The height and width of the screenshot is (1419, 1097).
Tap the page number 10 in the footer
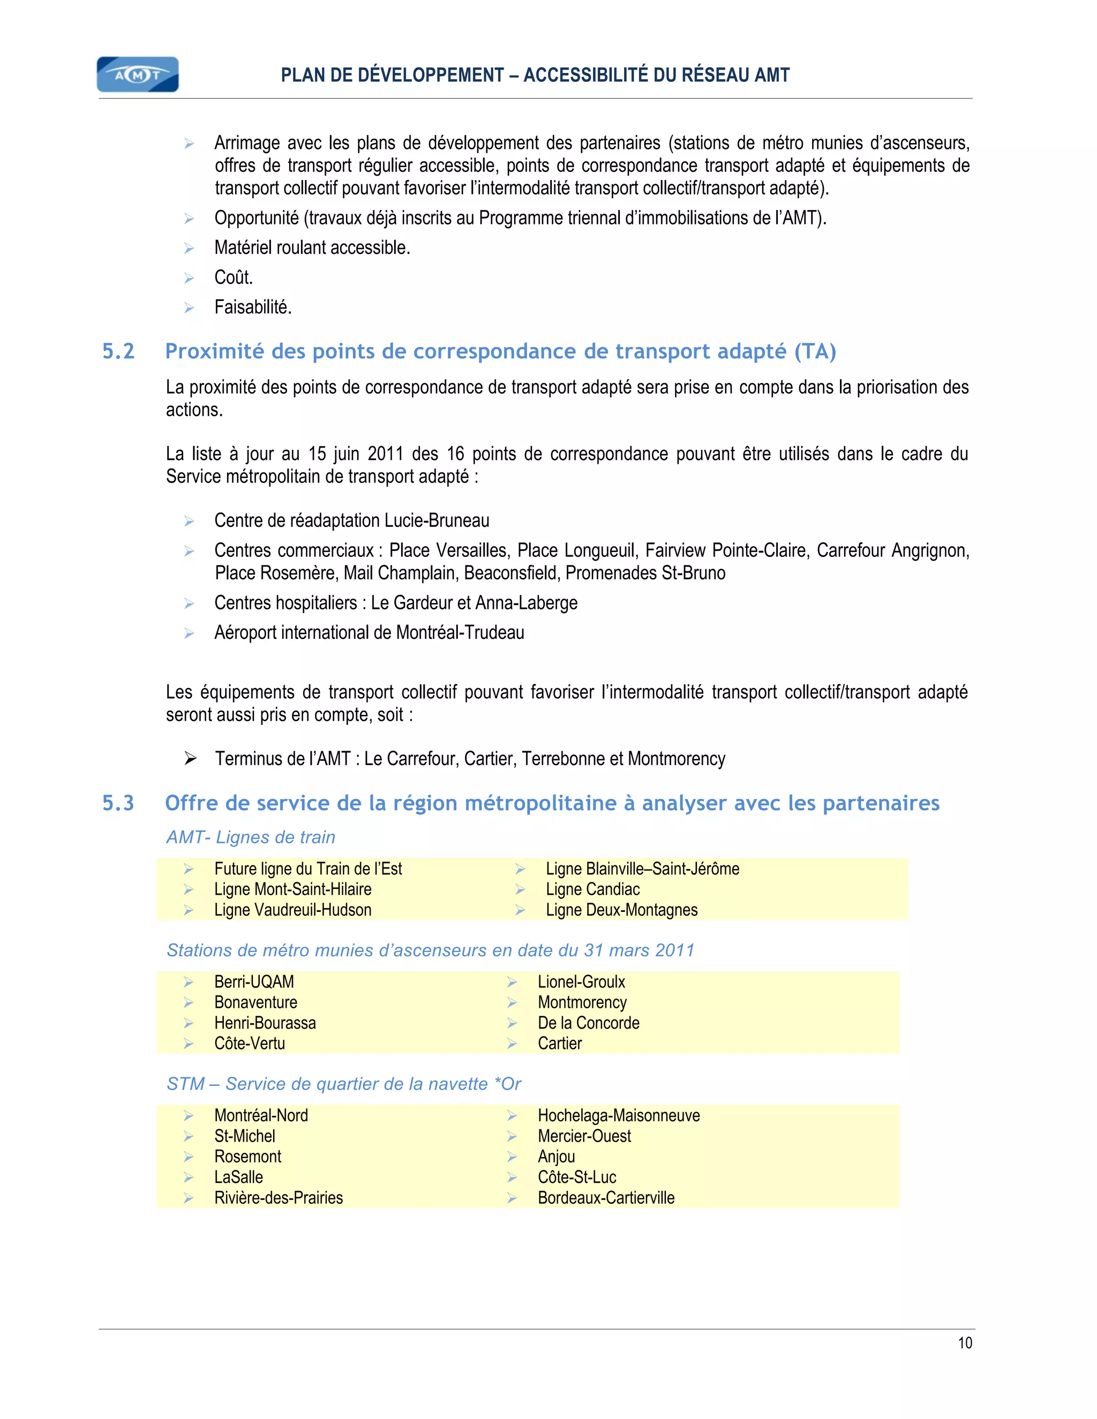pyautogui.click(x=964, y=1343)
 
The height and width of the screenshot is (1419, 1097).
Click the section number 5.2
pyautogui.click(x=118, y=351)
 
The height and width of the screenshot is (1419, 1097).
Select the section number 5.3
pyautogui.click(x=118, y=804)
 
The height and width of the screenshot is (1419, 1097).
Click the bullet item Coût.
pyautogui.click(x=234, y=277)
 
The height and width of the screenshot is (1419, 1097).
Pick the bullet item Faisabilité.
pyautogui.click(x=253, y=307)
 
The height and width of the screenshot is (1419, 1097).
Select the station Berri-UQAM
pyautogui.click(x=253, y=982)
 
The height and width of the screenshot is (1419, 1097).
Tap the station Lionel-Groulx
pyautogui.click(x=581, y=982)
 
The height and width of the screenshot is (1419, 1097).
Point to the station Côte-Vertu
pyautogui.click(x=250, y=1044)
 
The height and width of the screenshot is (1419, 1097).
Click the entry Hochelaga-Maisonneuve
pyautogui.click(x=618, y=1115)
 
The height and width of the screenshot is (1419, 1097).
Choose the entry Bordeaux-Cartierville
pyautogui.click(x=606, y=1197)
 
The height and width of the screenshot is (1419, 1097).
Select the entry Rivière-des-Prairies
pyautogui.click(x=278, y=1197)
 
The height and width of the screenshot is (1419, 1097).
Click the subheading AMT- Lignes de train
pyautogui.click(x=251, y=837)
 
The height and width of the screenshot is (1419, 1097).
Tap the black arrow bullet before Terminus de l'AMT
pyautogui.click(x=190, y=758)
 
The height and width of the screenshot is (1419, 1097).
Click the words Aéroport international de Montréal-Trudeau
pyautogui.click(x=369, y=633)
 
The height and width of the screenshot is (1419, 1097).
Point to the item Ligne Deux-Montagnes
pyautogui.click(x=621, y=910)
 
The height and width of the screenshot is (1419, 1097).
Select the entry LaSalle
pyautogui.click(x=238, y=1178)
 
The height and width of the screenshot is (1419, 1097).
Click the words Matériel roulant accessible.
pyautogui.click(x=312, y=247)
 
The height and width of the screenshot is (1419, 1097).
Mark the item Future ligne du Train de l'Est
pyautogui.click(x=308, y=869)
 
